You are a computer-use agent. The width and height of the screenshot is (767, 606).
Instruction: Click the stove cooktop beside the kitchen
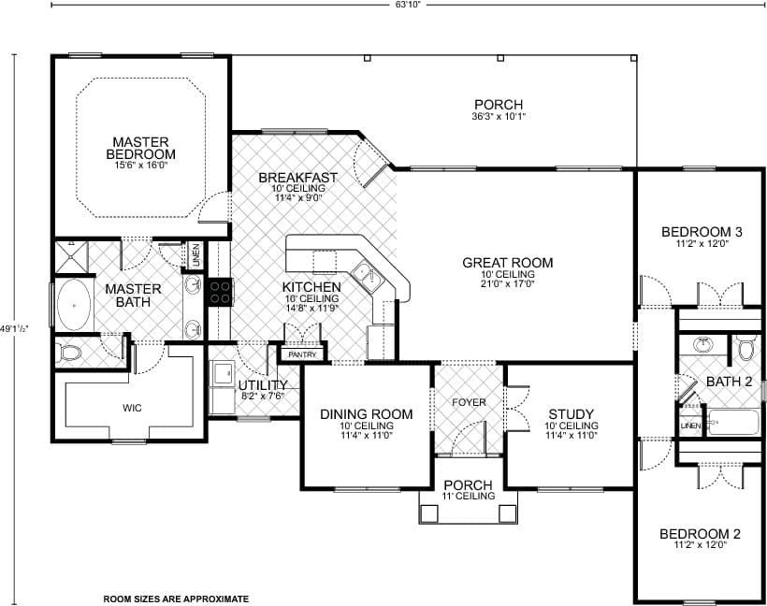(220, 292)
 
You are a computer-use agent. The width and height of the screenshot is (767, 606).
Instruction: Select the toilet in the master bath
(68, 353)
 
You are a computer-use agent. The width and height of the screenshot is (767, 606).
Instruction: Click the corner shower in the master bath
(70, 255)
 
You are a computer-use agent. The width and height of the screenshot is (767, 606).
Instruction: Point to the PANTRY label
(303, 355)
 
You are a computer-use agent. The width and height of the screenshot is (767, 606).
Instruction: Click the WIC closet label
(130, 408)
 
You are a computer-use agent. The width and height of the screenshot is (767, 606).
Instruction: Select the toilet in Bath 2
(746, 349)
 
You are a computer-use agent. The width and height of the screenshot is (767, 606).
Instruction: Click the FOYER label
(469, 402)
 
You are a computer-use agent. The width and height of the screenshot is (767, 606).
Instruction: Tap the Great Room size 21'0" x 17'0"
(507, 278)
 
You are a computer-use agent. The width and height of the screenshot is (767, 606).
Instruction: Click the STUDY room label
(572, 414)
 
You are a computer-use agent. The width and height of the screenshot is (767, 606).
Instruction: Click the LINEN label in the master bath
(195, 252)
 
